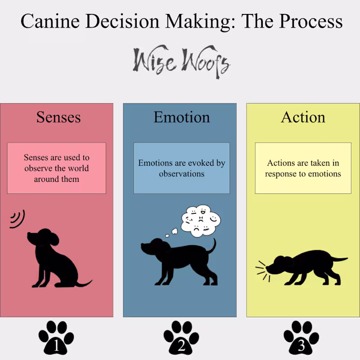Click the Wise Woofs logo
pos(181,62)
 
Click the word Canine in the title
pos(50,21)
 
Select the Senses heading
pos(58,117)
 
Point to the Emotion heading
pos(182,117)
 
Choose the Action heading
pos(303,117)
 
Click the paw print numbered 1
pos(56,337)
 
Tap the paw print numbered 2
pos(181,337)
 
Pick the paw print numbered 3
pos(301,337)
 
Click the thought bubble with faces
pos(201,221)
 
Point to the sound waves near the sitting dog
pos(17,219)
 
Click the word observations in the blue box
pos(182,174)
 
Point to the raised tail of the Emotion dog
pos(212,246)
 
